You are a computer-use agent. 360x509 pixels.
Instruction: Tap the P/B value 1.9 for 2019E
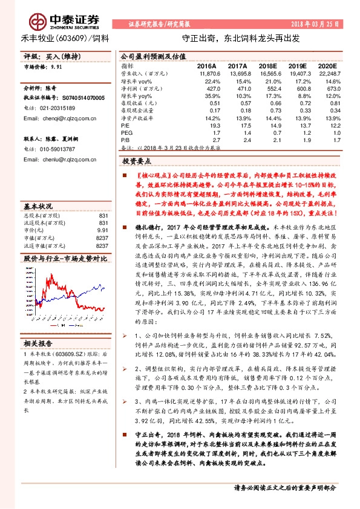301,139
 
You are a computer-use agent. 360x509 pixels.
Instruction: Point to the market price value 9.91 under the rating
57,69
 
